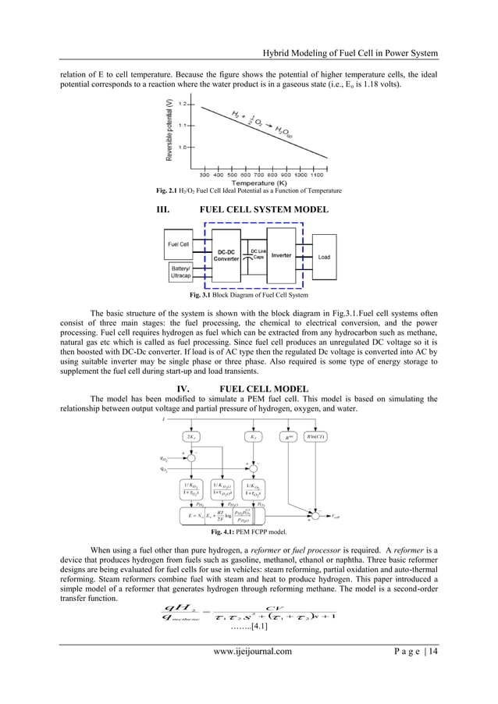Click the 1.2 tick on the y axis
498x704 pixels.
(183, 103)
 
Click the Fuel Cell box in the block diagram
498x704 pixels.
(179, 244)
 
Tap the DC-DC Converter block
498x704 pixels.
(227, 255)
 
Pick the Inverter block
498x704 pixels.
(281, 254)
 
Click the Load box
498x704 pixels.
(324, 257)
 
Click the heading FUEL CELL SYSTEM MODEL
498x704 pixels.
(264, 210)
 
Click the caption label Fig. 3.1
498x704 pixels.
(202, 296)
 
